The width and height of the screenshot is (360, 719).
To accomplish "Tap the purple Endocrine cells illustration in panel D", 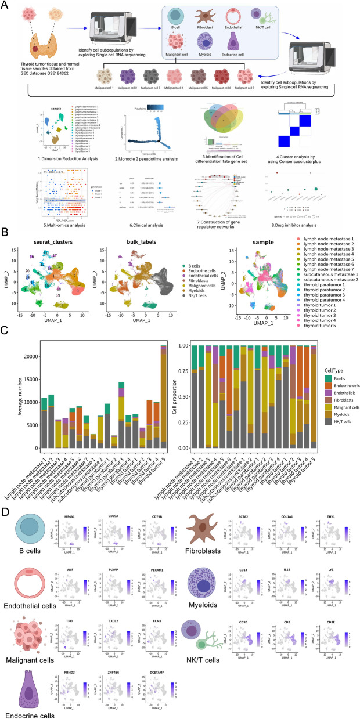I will [24, 684].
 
